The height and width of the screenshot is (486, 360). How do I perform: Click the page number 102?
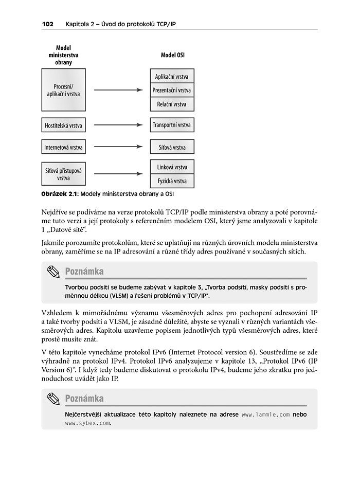coord(48,24)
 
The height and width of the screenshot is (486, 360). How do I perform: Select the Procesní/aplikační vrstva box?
coord(63,90)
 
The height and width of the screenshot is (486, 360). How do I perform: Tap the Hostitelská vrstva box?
coord(63,125)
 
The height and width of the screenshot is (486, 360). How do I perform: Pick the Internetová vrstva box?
coord(63,148)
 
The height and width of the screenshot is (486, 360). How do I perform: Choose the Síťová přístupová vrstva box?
coord(63,174)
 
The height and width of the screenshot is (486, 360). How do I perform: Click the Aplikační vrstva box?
coord(172,77)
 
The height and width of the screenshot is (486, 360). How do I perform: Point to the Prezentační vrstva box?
coord(172,91)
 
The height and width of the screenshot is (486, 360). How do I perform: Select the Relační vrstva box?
coord(172,104)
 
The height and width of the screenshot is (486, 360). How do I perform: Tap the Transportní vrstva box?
coord(172,125)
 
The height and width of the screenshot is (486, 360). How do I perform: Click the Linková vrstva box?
coord(172,167)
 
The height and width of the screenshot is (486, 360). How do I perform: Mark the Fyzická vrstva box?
coord(172,181)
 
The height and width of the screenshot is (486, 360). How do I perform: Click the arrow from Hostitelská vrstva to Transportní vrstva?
coord(118,125)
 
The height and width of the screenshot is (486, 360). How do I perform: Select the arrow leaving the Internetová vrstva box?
coord(118,148)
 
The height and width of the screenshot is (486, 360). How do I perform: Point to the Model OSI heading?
coord(173,54)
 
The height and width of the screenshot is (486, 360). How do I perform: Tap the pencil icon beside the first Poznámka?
coord(53,272)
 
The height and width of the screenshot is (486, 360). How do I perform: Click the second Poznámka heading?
coord(84,399)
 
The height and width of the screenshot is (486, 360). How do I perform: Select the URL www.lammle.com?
coord(265,414)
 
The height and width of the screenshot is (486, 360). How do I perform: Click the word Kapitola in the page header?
coord(78,24)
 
